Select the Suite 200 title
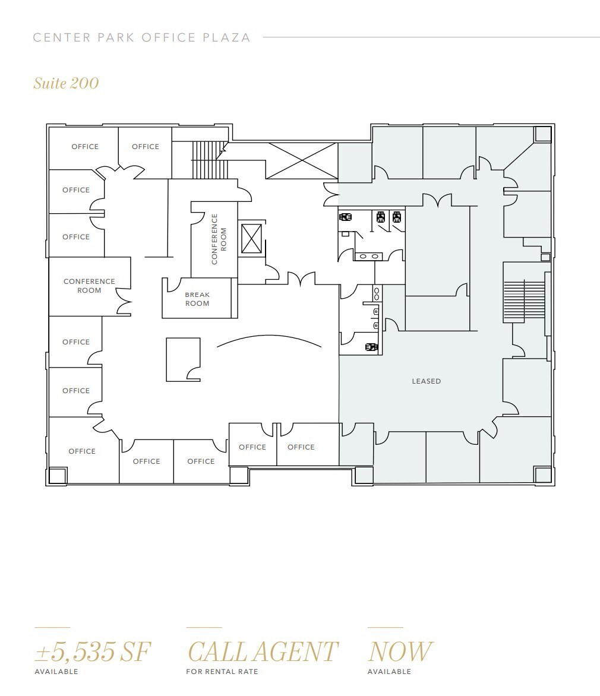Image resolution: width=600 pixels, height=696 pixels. [66, 83]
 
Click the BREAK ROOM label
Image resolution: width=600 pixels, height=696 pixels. [197, 299]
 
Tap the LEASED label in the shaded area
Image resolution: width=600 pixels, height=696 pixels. [427, 381]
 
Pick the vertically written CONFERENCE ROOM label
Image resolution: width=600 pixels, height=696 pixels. [219, 239]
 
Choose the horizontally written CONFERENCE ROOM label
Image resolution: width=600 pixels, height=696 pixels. [89, 286]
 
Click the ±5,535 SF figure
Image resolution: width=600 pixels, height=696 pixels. [93, 651]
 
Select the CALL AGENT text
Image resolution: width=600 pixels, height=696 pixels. [263, 651]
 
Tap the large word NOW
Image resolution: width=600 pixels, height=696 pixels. [400, 651]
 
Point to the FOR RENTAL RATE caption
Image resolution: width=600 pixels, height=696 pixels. [222, 672]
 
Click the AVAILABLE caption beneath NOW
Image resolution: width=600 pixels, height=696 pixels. [389, 672]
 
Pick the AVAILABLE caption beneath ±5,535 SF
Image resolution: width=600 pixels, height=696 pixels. [56, 672]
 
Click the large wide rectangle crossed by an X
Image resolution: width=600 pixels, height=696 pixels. [302, 160]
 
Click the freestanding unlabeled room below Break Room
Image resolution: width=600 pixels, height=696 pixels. [182, 359]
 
